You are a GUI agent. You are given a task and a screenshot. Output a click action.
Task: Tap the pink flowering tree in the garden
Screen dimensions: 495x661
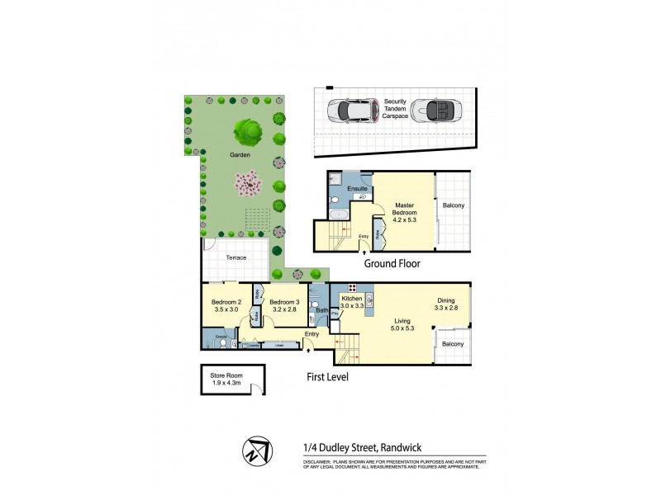click(x=247, y=182)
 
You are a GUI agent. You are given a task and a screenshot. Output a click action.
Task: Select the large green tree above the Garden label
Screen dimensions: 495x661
click(x=247, y=130)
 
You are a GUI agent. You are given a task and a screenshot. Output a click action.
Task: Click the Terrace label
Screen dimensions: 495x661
click(x=236, y=257)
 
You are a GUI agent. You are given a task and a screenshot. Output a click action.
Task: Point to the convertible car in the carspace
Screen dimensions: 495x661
click(x=435, y=110)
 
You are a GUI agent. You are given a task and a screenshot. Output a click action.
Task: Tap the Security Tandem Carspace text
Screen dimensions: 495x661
click(x=395, y=109)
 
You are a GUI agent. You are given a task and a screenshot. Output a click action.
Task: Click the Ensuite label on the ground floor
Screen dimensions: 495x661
click(x=357, y=189)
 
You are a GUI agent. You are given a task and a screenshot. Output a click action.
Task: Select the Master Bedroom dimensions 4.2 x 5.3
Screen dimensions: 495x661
click(x=404, y=219)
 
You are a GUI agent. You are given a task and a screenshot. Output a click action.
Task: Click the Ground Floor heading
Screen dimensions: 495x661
click(x=392, y=264)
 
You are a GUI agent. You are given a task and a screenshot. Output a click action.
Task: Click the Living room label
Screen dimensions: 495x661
click(x=402, y=321)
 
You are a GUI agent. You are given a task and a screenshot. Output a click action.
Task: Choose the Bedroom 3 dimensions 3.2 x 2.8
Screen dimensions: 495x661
click(x=283, y=310)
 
